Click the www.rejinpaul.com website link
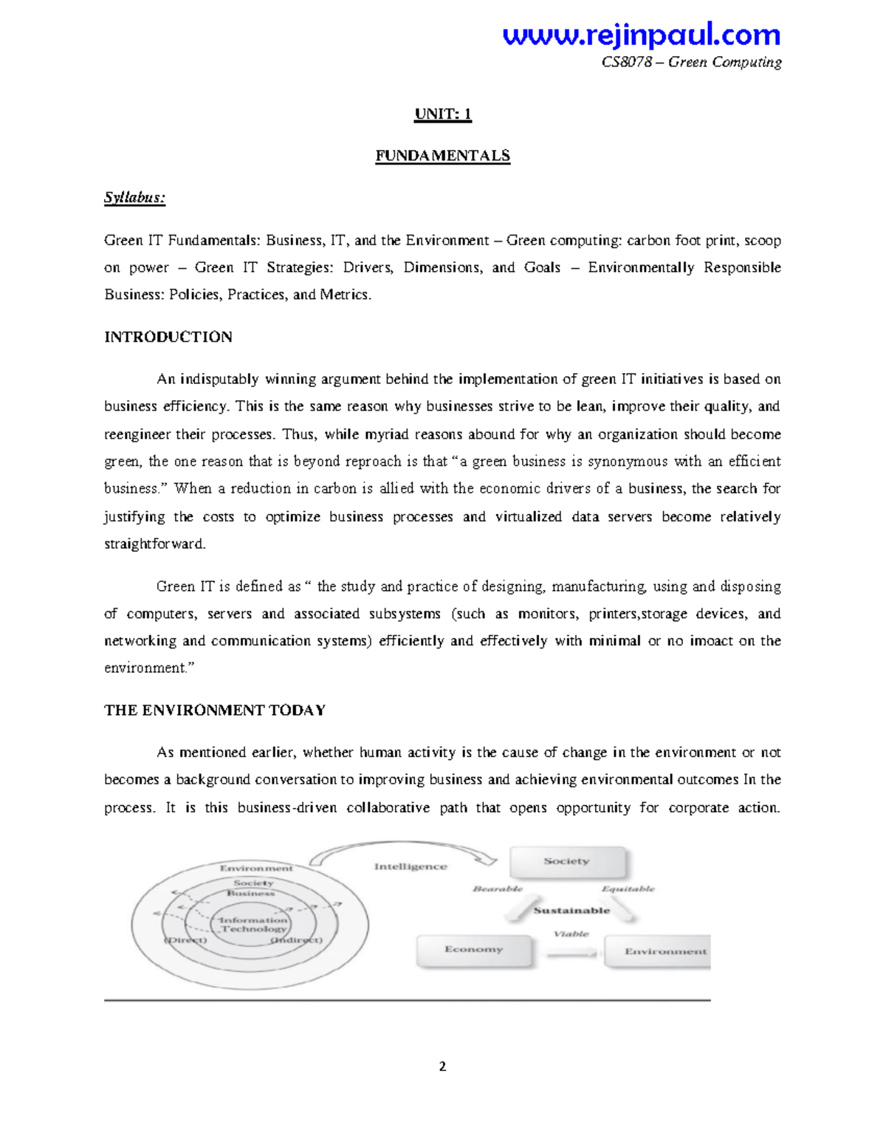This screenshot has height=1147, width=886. tap(641, 35)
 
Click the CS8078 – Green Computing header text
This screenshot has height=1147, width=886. tap(691, 62)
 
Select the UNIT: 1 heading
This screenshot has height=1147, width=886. tap(443, 114)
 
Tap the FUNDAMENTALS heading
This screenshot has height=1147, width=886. tap(442, 156)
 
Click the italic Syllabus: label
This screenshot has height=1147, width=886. tap(134, 197)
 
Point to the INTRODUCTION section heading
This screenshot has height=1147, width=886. tap(168, 337)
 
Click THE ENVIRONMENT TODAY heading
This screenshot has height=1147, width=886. tap(215, 710)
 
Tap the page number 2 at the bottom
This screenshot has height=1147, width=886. tap(442, 1066)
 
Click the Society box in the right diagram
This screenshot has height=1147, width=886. tap(567, 861)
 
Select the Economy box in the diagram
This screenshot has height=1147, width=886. tap(474, 950)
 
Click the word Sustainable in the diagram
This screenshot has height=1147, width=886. tap(571, 911)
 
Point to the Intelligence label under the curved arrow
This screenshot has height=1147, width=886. tap(411, 866)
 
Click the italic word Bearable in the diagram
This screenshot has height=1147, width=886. tap(498, 889)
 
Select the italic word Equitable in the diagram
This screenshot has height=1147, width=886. tap(628, 889)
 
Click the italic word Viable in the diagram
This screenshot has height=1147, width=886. tap(571, 934)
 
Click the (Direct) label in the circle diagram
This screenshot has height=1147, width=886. tap(185, 940)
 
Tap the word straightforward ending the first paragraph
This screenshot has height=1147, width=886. tap(154, 544)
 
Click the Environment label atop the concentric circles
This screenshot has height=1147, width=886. tap(256, 868)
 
